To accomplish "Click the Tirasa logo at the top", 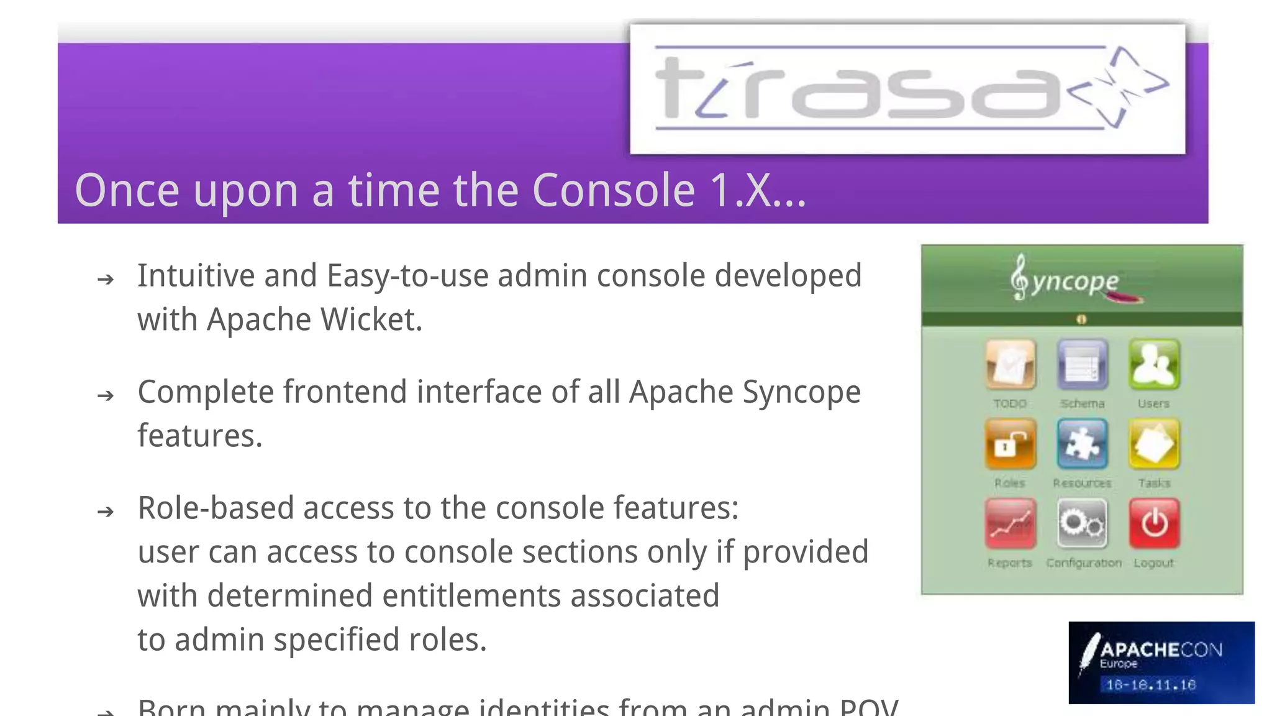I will [x=907, y=89].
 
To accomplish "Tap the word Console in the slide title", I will [x=613, y=190].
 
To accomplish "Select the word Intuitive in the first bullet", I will [x=196, y=276].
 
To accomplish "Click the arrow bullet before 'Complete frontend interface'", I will [x=106, y=395].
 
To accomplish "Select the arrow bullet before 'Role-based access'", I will [x=106, y=512].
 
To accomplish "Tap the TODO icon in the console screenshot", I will [x=1010, y=364].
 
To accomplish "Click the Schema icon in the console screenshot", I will [x=1082, y=364].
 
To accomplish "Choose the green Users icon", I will [x=1153, y=364].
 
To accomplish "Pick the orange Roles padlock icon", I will [x=1010, y=444].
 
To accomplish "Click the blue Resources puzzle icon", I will [x=1082, y=444].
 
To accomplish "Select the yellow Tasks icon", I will [x=1153, y=444].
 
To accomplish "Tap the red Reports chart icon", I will [x=1010, y=523].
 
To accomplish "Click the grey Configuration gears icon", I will [x=1082, y=523].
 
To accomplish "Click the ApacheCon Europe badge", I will [x=1161, y=663].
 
